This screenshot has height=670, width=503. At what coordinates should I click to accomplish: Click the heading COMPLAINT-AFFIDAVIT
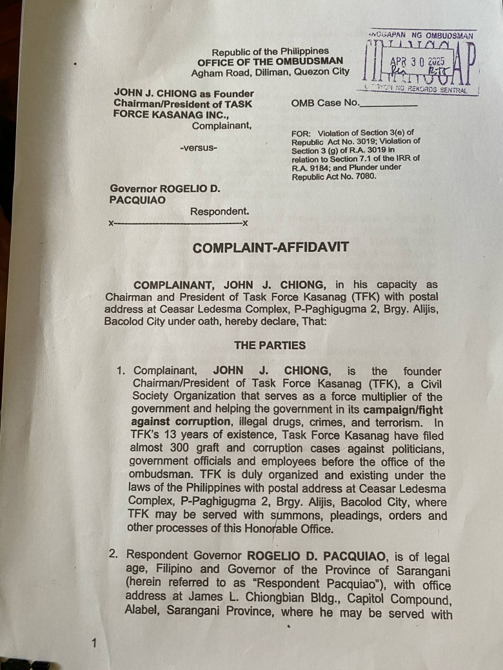click(x=270, y=247)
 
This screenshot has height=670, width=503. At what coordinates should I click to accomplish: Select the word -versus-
click(x=199, y=148)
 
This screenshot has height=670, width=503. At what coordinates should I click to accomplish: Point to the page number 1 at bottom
click(x=94, y=643)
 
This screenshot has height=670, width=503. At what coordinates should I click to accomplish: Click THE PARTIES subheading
click(x=270, y=345)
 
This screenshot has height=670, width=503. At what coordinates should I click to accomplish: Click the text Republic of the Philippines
click(x=270, y=52)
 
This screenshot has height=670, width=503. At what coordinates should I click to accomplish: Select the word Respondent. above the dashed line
click(x=219, y=211)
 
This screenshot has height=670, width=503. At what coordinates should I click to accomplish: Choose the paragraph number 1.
click(x=119, y=371)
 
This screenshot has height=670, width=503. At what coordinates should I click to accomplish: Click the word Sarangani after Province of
click(x=421, y=569)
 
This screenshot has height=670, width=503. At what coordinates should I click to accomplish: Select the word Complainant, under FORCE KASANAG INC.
click(x=222, y=126)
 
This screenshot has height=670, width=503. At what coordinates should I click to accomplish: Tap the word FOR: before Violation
click(x=301, y=133)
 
